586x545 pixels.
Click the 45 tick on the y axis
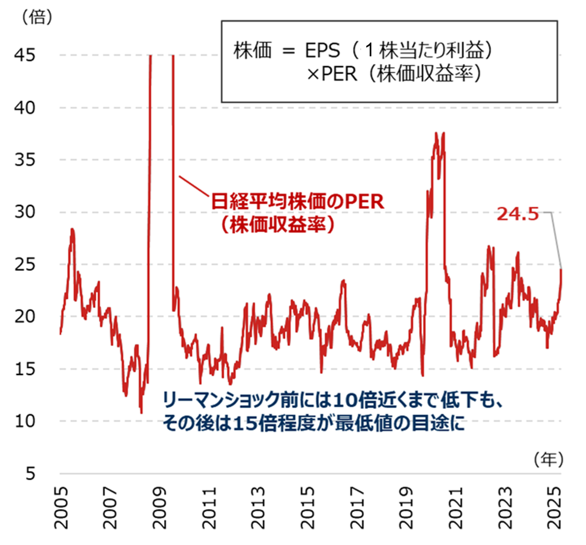(24, 55)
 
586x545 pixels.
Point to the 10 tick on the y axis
(24, 421)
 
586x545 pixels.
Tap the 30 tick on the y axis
(24, 212)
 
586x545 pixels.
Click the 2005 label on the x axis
(61, 507)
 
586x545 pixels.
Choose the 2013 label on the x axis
(258, 507)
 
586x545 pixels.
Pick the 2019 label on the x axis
(406, 507)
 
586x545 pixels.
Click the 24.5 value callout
(517, 214)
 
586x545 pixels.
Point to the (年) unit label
(548, 459)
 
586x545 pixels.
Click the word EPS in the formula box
(322, 50)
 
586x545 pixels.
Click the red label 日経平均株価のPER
(297, 202)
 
